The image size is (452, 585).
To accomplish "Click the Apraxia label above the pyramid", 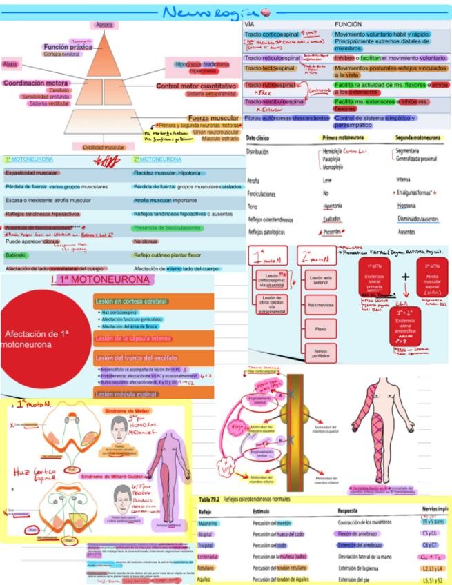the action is (x=104, y=25).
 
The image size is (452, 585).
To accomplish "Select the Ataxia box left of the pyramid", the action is (x=10, y=63).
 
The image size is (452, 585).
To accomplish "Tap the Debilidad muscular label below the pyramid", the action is (x=104, y=147).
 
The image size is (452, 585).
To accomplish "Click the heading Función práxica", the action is (x=67, y=47).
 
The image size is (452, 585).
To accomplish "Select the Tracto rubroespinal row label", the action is (x=269, y=84).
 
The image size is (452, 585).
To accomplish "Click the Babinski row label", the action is (x=15, y=255).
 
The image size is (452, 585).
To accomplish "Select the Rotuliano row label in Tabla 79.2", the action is (x=208, y=567).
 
